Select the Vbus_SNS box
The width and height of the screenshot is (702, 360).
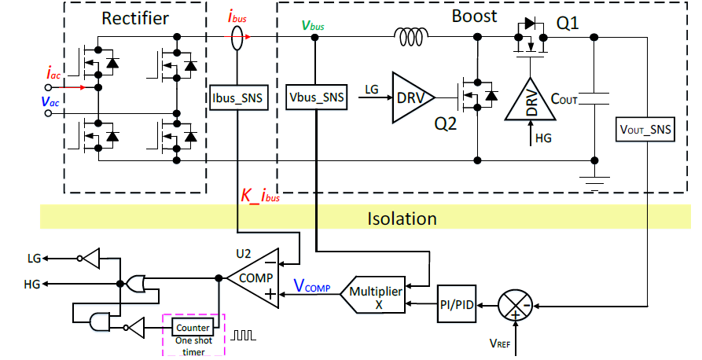(x=317, y=98)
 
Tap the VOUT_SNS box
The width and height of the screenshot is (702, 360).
(x=645, y=130)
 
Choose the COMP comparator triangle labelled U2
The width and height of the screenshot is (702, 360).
(x=253, y=277)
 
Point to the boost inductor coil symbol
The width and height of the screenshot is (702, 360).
(x=413, y=35)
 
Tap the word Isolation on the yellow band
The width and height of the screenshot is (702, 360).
(x=402, y=218)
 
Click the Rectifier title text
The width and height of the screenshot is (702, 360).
(x=135, y=17)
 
